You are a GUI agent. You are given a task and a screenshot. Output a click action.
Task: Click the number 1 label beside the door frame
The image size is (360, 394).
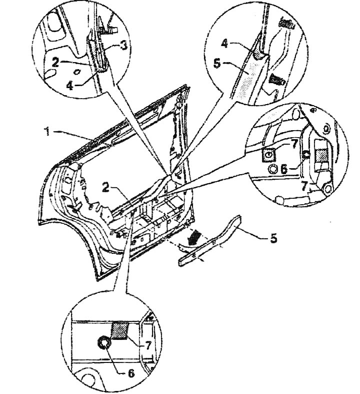coord(47,132)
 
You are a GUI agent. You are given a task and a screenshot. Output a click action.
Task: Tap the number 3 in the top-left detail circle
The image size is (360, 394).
coord(124,46)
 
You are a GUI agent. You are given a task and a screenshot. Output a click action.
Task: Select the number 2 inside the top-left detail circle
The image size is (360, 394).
coord(55,62)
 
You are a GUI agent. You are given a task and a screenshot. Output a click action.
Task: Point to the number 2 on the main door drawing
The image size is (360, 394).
coord(106,187)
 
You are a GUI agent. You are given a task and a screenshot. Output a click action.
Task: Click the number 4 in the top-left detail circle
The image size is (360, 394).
coord(70,86)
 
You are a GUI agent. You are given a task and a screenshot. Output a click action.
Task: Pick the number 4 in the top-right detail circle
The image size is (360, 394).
coord(224,44)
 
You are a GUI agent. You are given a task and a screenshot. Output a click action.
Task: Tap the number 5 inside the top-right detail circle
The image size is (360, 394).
coord(217,63)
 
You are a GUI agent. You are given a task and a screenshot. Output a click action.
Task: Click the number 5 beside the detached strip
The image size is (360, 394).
coord(273,238)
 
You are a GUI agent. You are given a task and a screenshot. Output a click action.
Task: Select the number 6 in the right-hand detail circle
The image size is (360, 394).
coord(284,169)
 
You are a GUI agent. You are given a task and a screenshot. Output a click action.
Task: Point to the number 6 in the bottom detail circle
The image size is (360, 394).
coord(131,373)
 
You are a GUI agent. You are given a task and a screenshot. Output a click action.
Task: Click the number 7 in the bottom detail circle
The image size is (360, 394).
coord(148,346)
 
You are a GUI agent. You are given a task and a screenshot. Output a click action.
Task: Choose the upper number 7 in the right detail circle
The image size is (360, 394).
coord(294,144)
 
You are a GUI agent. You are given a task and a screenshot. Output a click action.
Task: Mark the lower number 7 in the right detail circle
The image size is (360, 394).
coord(304,186)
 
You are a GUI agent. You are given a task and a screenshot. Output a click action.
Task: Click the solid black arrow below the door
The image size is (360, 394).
coord(194,238)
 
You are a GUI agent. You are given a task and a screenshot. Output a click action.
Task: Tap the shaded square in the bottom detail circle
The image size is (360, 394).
coord(120,331)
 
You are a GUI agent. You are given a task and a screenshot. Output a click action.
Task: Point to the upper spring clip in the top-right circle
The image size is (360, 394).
coord(286,24)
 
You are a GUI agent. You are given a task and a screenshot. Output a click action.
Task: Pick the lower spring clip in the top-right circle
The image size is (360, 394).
coord(276,79)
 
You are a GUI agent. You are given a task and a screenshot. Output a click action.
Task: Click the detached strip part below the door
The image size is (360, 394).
coord(210,240)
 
